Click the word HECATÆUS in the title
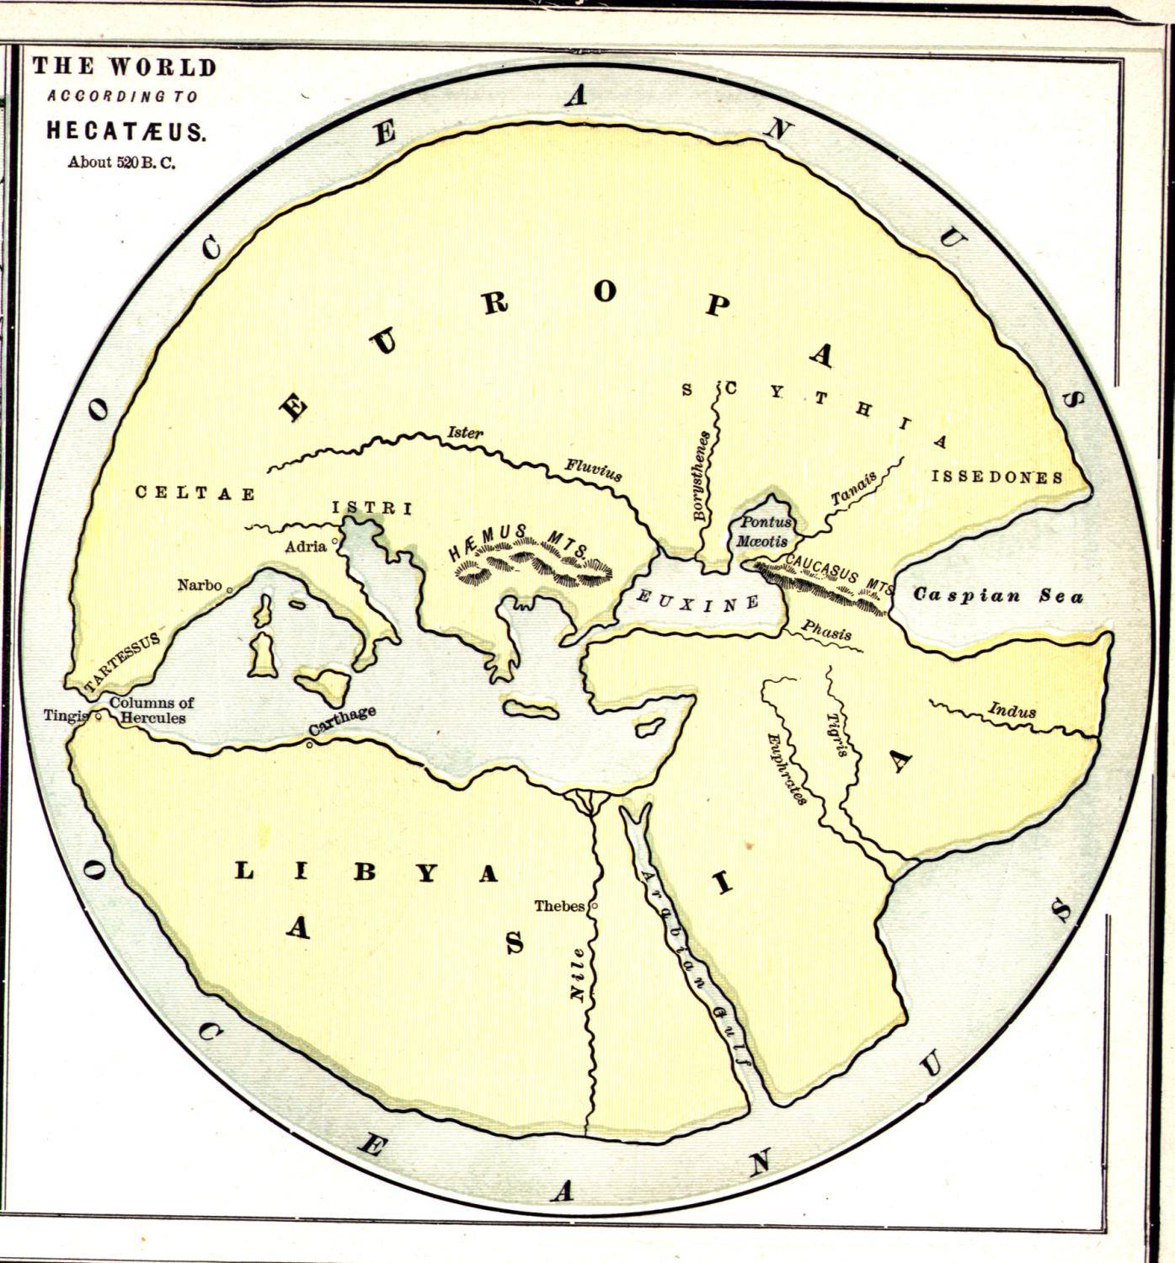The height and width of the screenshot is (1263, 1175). pos(126,132)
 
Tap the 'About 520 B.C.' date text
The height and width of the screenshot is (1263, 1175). pos(121,163)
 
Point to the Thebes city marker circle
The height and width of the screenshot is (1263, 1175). pos(595,906)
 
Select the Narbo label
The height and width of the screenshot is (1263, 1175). pos(200,585)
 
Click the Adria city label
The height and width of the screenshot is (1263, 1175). pos(306,546)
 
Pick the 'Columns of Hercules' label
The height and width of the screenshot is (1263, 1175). pos(152,711)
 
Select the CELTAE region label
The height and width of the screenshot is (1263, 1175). pos(195,493)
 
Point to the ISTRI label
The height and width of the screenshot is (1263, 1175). pos(371,509)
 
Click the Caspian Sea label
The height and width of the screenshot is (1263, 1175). pos(998,595)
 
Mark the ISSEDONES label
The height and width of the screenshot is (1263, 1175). pos(996,477)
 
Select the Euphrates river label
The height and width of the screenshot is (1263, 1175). pos(788,768)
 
